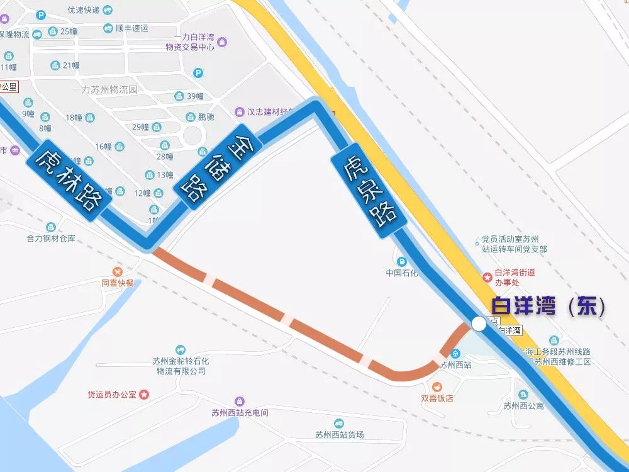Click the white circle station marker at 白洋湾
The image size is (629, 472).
pos(479,324)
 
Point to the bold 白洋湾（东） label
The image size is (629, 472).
pos(548,306)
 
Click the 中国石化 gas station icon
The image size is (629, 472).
pos(401,261)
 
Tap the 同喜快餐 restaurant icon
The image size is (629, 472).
pos(118,271)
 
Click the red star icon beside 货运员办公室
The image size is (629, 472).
pos(144,395)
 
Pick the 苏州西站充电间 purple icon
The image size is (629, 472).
pos(240,402)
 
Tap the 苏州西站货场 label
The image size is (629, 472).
pos(339,435)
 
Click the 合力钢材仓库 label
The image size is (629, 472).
pos(51,239)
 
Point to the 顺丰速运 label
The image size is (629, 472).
pos(132,28)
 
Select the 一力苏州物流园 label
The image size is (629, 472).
pos(104,89)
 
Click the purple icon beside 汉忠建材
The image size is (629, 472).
pos(240,112)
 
